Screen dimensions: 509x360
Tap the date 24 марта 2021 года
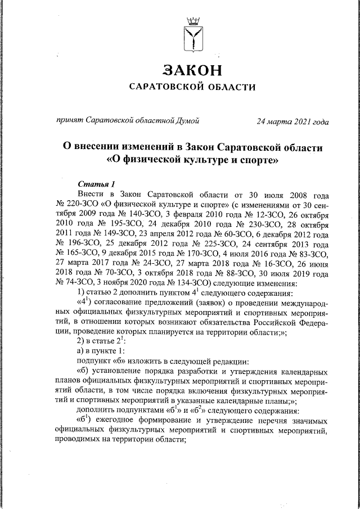point(292,120)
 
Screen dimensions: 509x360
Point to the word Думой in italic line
point(187,120)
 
